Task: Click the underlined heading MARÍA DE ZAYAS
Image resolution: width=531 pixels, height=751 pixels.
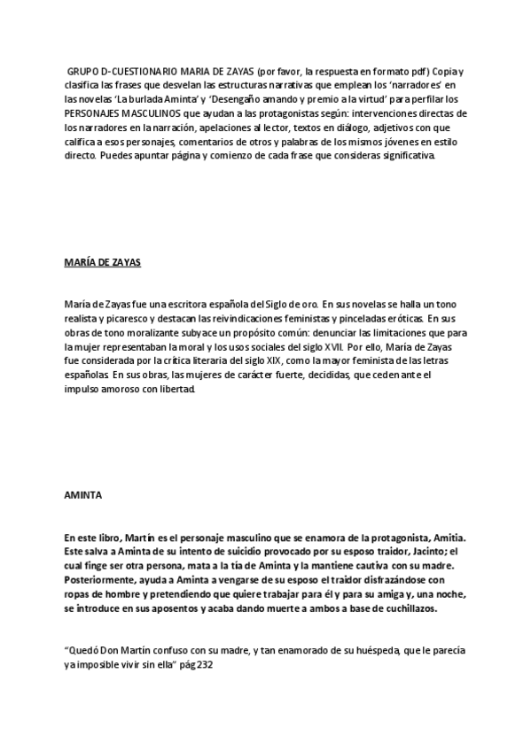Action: pyautogui.click(x=104, y=263)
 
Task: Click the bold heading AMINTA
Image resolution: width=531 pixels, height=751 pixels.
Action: pyautogui.click(x=82, y=495)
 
